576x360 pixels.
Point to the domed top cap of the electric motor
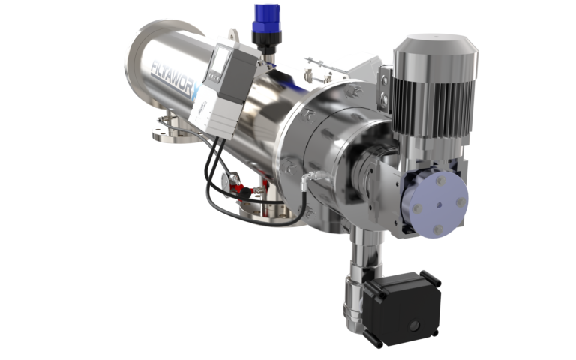coord(436,48)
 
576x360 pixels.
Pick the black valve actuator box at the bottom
coord(402,304)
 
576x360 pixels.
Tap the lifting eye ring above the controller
coord(235,35)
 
